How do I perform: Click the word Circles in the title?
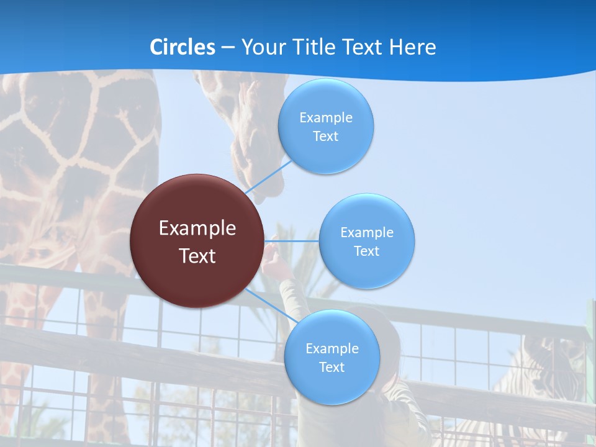coord(183,47)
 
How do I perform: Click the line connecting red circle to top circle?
coord(268,177)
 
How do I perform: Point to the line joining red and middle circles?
coord(292,241)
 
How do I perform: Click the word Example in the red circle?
coord(197,228)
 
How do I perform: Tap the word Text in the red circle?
coord(197,256)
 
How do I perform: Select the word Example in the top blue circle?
coord(326,118)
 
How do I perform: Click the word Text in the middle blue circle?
coord(366,251)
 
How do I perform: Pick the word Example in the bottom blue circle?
coord(332,349)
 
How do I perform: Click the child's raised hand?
coord(273,258)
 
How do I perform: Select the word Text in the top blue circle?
coord(325,137)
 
